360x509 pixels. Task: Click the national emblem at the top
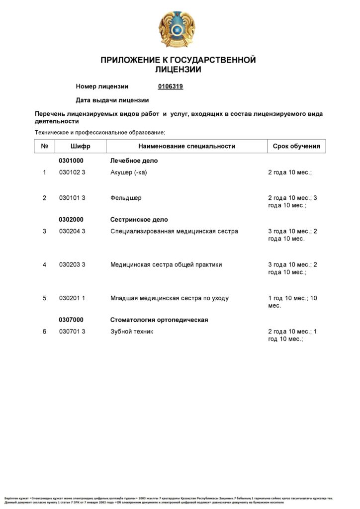coord(177,29)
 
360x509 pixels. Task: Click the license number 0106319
coord(171,86)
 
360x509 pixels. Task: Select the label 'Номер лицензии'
coord(102,86)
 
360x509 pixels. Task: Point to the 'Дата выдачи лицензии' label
coord(112,100)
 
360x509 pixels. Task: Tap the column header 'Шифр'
coord(81,146)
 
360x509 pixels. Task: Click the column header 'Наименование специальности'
coord(186,146)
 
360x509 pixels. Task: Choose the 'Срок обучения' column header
coord(296,146)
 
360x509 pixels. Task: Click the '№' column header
coord(44,146)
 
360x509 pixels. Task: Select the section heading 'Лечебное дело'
coord(134,161)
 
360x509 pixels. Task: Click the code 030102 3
coord(72,172)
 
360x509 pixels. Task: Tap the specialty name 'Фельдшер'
coord(126,198)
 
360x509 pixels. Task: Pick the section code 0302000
coord(71,219)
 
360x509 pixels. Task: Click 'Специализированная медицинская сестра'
coord(174,231)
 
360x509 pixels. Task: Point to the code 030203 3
coord(72,264)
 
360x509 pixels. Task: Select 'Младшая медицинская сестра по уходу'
coord(169,298)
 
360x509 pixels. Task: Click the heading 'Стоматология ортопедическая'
coord(159,320)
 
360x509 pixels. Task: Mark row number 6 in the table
coord(44,332)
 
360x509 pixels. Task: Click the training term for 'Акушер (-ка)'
coord(290,172)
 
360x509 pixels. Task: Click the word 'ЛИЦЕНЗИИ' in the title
coord(178,70)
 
